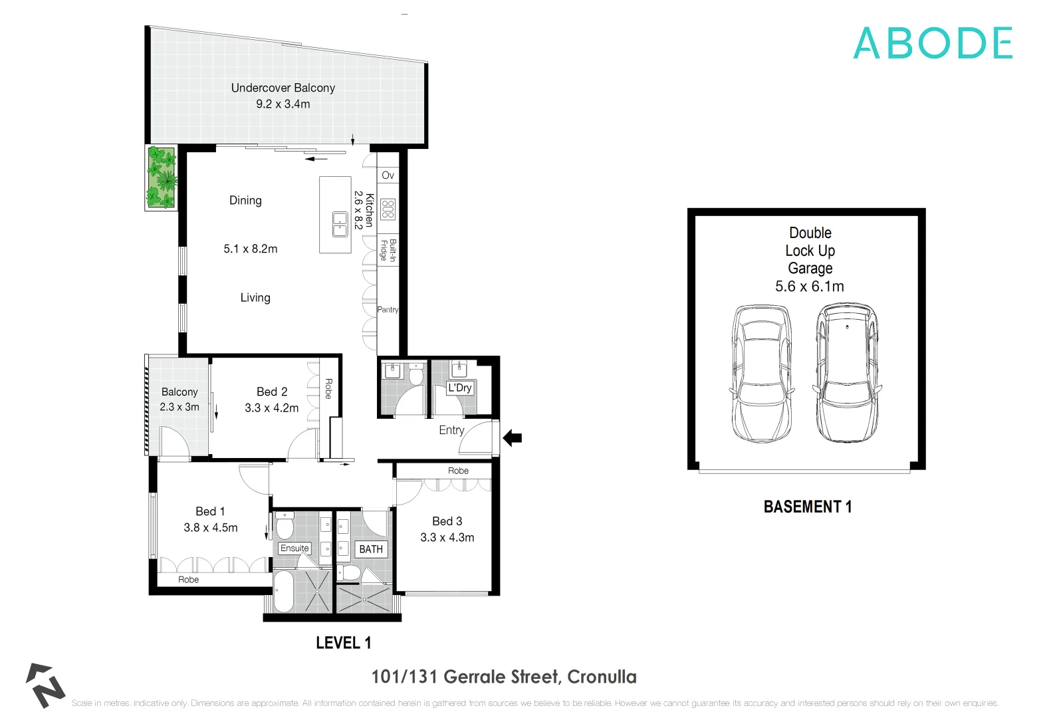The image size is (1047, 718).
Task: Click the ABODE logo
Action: (933, 43)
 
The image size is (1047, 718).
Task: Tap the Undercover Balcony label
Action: (283, 88)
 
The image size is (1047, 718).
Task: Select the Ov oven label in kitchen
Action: (388, 176)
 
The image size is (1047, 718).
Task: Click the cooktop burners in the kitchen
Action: (388, 209)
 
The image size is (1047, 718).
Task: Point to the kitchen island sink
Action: (340, 224)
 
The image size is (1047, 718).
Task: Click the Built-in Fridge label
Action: (388, 250)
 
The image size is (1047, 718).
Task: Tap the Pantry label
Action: (388, 310)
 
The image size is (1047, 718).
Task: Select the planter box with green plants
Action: (162, 178)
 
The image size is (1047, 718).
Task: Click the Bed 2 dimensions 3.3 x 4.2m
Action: (271, 408)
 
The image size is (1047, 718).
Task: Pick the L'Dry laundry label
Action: (459, 388)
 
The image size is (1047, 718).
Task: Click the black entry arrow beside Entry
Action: (513, 438)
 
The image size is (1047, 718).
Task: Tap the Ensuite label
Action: (294, 548)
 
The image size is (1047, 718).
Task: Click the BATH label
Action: (371, 549)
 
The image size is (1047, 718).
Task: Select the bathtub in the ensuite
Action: (283, 591)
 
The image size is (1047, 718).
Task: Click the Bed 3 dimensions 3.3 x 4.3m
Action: (447, 538)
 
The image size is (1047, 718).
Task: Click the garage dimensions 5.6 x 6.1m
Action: (809, 287)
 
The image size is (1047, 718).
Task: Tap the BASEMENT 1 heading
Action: (807, 507)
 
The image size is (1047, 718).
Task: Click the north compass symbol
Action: (45, 685)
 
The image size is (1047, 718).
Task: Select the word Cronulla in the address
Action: (602, 677)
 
